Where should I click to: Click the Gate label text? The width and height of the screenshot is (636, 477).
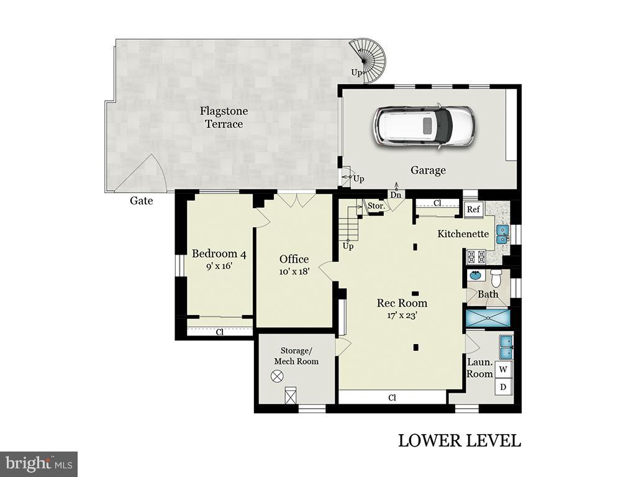click(x=141, y=201)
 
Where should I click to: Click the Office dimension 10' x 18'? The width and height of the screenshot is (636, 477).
click(x=294, y=271)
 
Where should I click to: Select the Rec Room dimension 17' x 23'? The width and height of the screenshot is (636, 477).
click(x=402, y=315)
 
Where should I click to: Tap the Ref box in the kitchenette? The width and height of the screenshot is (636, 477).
click(x=473, y=209)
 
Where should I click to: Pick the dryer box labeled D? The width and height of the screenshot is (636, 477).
click(x=504, y=387)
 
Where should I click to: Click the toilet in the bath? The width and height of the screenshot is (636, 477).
click(x=496, y=276)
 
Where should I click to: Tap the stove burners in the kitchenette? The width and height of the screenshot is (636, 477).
click(x=476, y=256)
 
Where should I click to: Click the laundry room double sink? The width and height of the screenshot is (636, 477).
click(x=506, y=347)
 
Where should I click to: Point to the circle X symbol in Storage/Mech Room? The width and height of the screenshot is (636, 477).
click(x=277, y=375)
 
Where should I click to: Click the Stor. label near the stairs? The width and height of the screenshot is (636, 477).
click(x=375, y=206)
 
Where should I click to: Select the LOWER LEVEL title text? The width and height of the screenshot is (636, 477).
click(x=459, y=441)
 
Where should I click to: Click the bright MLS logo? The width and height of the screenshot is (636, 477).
click(x=39, y=463)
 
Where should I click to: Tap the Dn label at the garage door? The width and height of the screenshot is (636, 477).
click(x=396, y=194)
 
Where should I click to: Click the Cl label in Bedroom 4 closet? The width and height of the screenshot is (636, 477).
click(x=219, y=332)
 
